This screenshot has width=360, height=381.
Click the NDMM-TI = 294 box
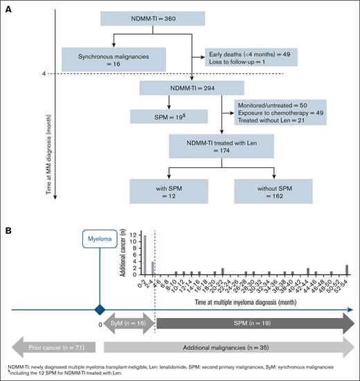182,89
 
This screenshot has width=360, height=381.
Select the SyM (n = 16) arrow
127,324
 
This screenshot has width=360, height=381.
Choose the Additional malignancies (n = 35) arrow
229,349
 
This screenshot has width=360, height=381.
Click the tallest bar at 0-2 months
144,255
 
